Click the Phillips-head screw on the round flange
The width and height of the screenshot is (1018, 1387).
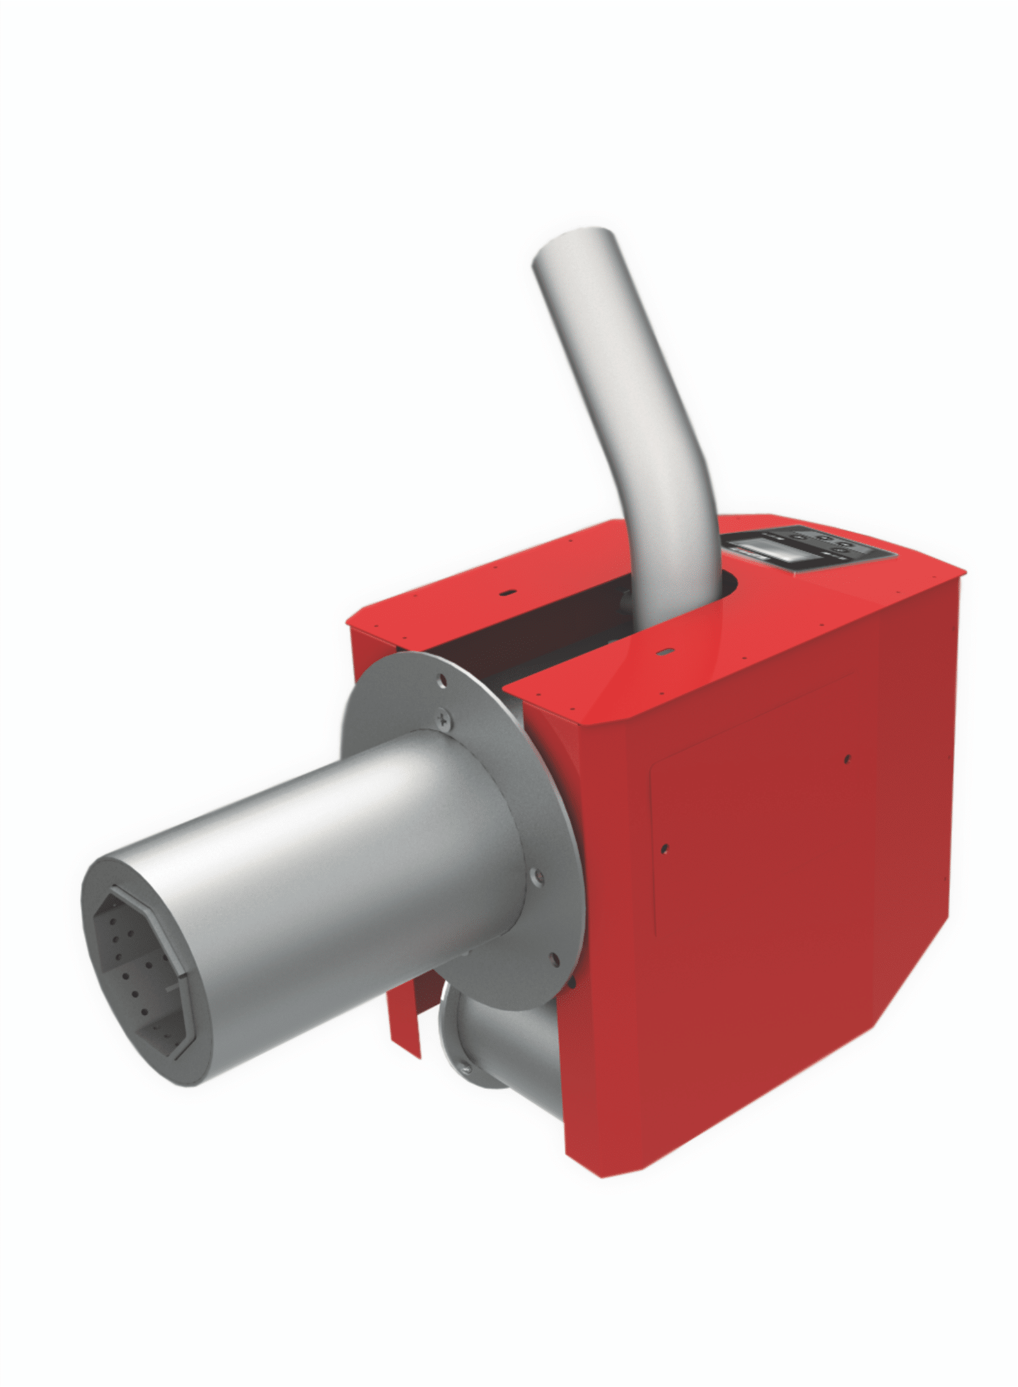tap(446, 718)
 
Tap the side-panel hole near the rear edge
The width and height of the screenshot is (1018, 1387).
tap(847, 759)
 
